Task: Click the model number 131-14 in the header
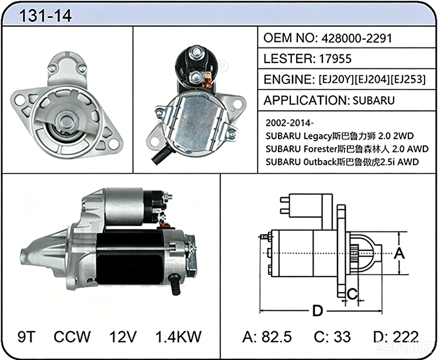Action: pos(45,16)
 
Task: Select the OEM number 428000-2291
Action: pos(357,39)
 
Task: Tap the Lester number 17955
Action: pos(335,58)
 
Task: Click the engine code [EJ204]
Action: pos(372,79)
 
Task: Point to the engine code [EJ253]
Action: pos(408,79)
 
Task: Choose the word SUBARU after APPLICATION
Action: pos(374,101)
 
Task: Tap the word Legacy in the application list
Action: pos(317,136)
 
